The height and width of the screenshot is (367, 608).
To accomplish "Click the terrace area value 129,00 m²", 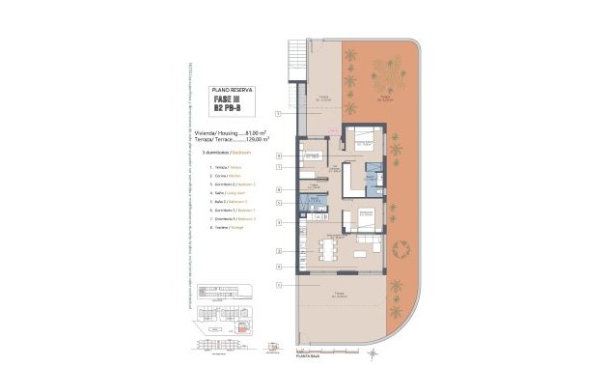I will pyautogui.click(x=252, y=140).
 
